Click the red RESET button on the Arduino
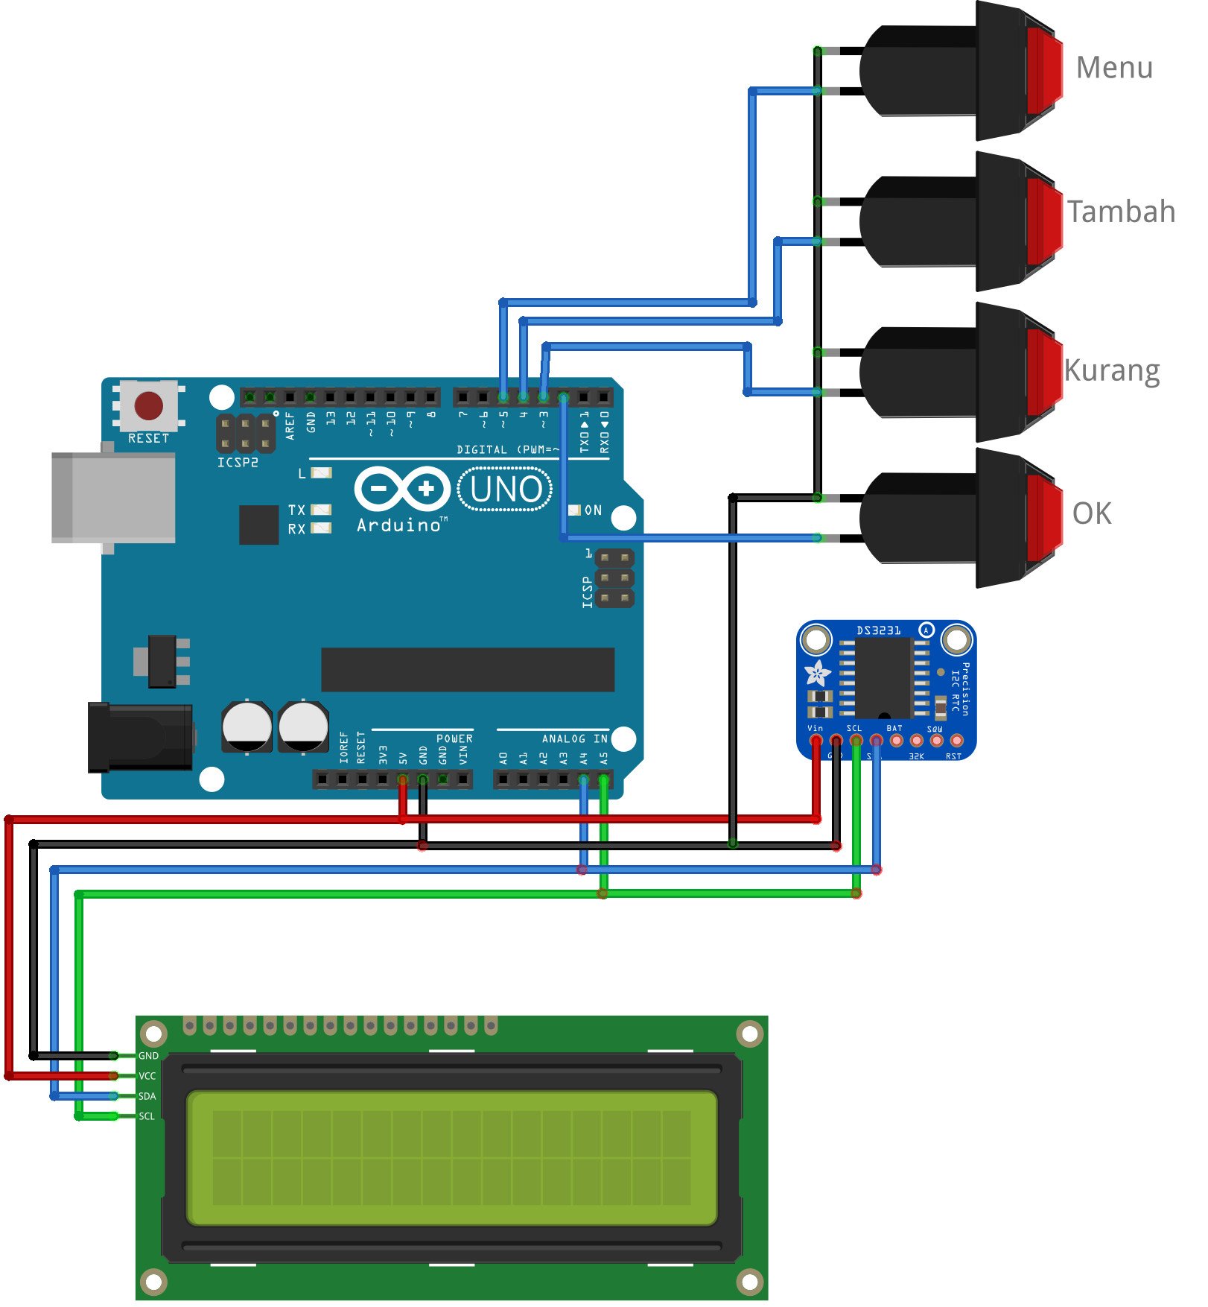(148, 406)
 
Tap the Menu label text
(1114, 68)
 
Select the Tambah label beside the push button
(1121, 212)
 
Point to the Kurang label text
(1111, 370)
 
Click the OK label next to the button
(1092, 513)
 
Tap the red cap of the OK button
(1044, 518)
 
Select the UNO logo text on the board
(506, 490)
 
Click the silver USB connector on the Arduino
(113, 497)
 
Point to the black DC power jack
(140, 737)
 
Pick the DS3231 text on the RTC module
(878, 631)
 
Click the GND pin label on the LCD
(148, 1056)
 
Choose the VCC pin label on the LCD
(147, 1076)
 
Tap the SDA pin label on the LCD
(147, 1096)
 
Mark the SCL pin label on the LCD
(147, 1116)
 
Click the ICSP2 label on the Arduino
(238, 463)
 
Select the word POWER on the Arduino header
(454, 738)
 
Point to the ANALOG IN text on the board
(574, 738)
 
